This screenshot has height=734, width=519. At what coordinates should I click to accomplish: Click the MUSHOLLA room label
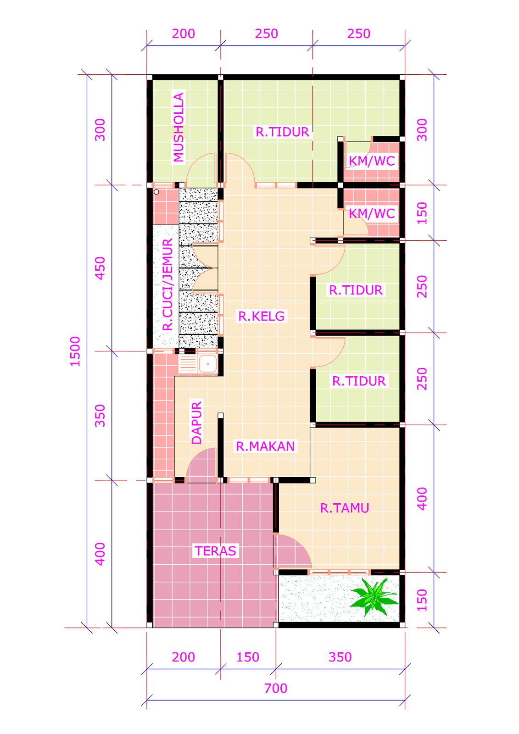pyautogui.click(x=179, y=127)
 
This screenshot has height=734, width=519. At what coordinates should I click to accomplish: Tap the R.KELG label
pyautogui.click(x=261, y=316)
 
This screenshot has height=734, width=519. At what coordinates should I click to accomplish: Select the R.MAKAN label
pyautogui.click(x=265, y=446)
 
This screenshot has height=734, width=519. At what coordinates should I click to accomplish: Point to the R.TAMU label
pyautogui.click(x=345, y=508)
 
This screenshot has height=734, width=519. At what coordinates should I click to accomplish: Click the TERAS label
pyautogui.click(x=215, y=551)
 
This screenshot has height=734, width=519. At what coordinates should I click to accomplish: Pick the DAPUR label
pyautogui.click(x=196, y=423)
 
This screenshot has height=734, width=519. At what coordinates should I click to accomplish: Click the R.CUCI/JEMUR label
pyautogui.click(x=167, y=284)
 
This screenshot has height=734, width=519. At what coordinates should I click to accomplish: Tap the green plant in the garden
pyautogui.click(x=374, y=596)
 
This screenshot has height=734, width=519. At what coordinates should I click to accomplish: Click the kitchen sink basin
pyautogui.click(x=208, y=364)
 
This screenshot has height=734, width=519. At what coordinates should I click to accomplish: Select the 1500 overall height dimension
pyautogui.click(x=75, y=351)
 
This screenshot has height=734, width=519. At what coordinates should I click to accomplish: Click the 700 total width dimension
pyautogui.click(x=276, y=689)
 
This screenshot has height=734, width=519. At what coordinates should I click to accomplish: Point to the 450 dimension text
pyautogui.click(x=100, y=268)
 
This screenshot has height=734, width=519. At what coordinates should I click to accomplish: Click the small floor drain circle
pyautogui.click(x=156, y=192)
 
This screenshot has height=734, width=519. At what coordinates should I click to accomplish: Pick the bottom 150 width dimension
pyautogui.click(x=248, y=657)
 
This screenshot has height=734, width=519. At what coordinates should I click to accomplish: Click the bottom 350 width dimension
pyautogui.click(x=340, y=657)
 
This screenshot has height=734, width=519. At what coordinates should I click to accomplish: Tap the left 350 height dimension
pyautogui.click(x=100, y=416)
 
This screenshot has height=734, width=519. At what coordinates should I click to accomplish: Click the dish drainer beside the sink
pyautogui.click(x=188, y=364)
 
